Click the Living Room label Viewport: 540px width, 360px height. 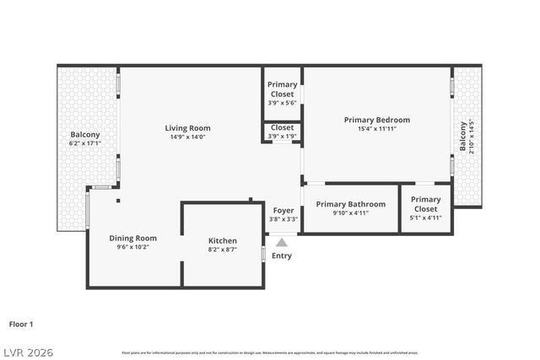[x=187, y=127]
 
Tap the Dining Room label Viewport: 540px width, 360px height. [x=133, y=238]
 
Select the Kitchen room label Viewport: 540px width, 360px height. [x=223, y=240]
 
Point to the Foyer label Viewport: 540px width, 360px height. [x=283, y=210]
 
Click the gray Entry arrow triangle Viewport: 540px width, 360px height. [x=282, y=242]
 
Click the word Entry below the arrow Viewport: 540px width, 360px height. [x=282, y=255]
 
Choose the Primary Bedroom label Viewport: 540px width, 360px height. [x=376, y=120]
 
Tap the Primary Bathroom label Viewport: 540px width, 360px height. [x=351, y=204]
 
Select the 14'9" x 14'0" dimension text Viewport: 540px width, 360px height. [x=187, y=137]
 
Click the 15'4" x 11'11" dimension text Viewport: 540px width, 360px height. [x=376, y=129]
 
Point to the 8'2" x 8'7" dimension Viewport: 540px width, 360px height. [x=223, y=250]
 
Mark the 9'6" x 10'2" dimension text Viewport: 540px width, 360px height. [x=133, y=248]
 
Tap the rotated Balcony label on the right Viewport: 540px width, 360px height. [x=462, y=137]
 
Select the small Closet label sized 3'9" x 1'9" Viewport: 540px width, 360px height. [x=282, y=127]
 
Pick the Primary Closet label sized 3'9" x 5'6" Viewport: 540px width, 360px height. [x=282, y=89]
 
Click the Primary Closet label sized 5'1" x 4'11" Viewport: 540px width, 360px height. [x=425, y=204]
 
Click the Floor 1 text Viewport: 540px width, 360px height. [x=21, y=324]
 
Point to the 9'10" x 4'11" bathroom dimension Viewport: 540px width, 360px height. [x=351, y=213]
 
